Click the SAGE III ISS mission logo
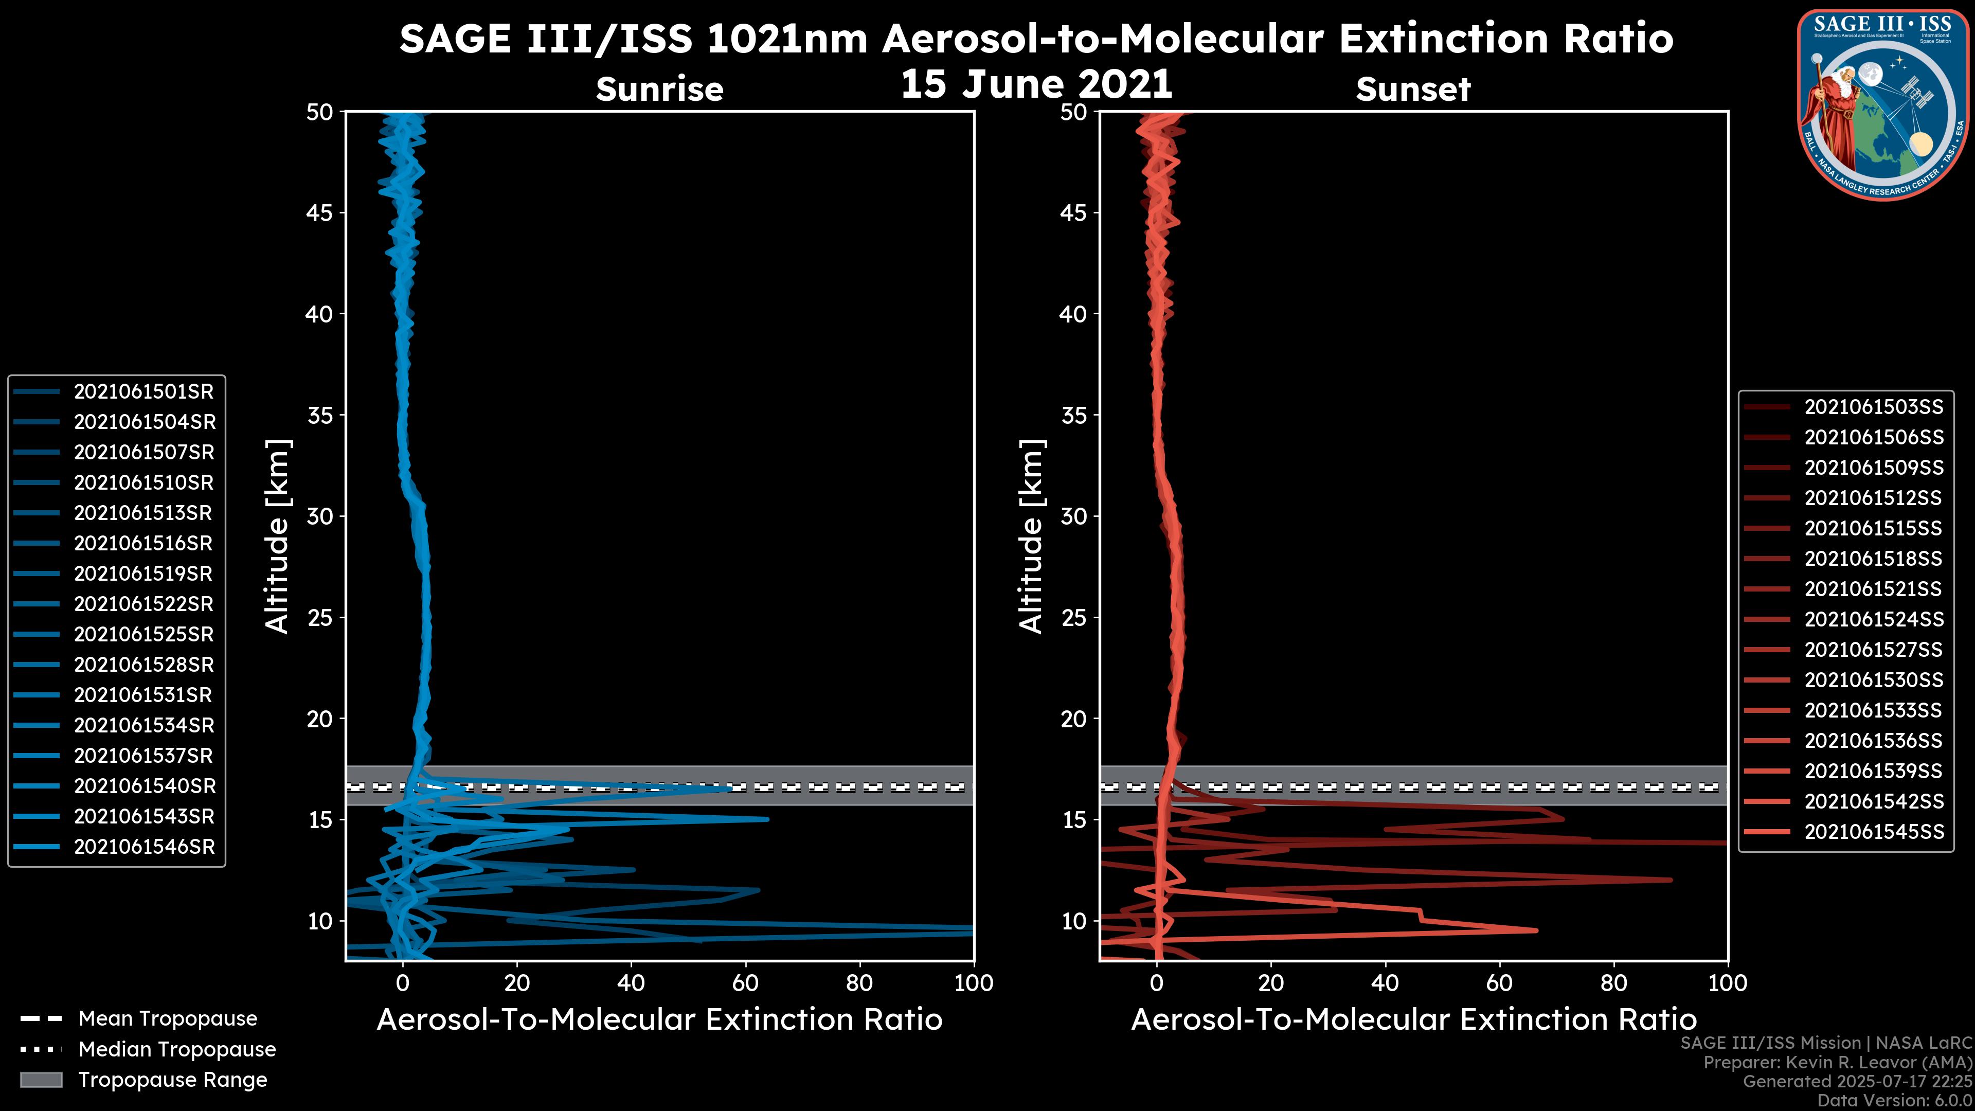pyautogui.click(x=1883, y=104)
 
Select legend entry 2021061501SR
pyautogui.click(x=143, y=392)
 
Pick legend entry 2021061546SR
pyautogui.click(x=143, y=847)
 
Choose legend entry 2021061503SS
pyautogui.click(x=1874, y=407)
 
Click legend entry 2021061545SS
pyautogui.click(x=1874, y=832)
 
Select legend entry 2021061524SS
pyautogui.click(x=1874, y=619)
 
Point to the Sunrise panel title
pyautogui.click(x=659, y=89)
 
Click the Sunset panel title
pyautogui.click(x=1413, y=89)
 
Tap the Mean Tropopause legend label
pyautogui.click(x=168, y=1019)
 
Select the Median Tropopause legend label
pyautogui.click(x=177, y=1050)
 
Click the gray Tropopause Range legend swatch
pyautogui.click(x=41, y=1080)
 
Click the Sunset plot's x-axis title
pyautogui.click(x=1413, y=1020)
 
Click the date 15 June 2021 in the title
pyautogui.click(x=1036, y=84)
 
